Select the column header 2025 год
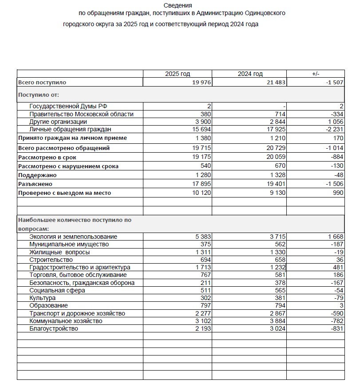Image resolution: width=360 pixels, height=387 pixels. [178, 74]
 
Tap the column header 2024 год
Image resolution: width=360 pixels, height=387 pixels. [250, 74]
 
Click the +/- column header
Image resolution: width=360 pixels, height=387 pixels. [316, 74]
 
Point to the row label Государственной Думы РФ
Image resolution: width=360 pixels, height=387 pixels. [68, 107]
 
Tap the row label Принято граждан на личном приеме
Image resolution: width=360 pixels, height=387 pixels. [72, 138]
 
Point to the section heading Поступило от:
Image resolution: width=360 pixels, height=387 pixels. [39, 95]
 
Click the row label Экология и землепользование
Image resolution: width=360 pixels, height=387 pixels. [73, 237]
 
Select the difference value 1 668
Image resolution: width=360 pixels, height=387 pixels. [333, 237]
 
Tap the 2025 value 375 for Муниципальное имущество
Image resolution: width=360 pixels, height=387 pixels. [204, 244]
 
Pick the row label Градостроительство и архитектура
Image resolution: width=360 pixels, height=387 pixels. [79, 267]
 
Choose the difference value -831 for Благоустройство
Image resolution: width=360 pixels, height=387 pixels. [336, 328]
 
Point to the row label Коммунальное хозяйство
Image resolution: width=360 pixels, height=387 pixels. [66, 321]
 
